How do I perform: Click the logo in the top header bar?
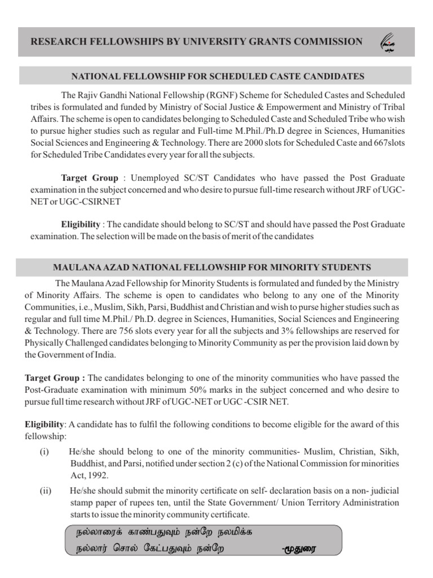click(389, 42)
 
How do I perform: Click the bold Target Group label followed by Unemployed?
click(90, 177)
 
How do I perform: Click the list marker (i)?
click(44, 452)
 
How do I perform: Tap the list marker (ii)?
click(45, 491)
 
